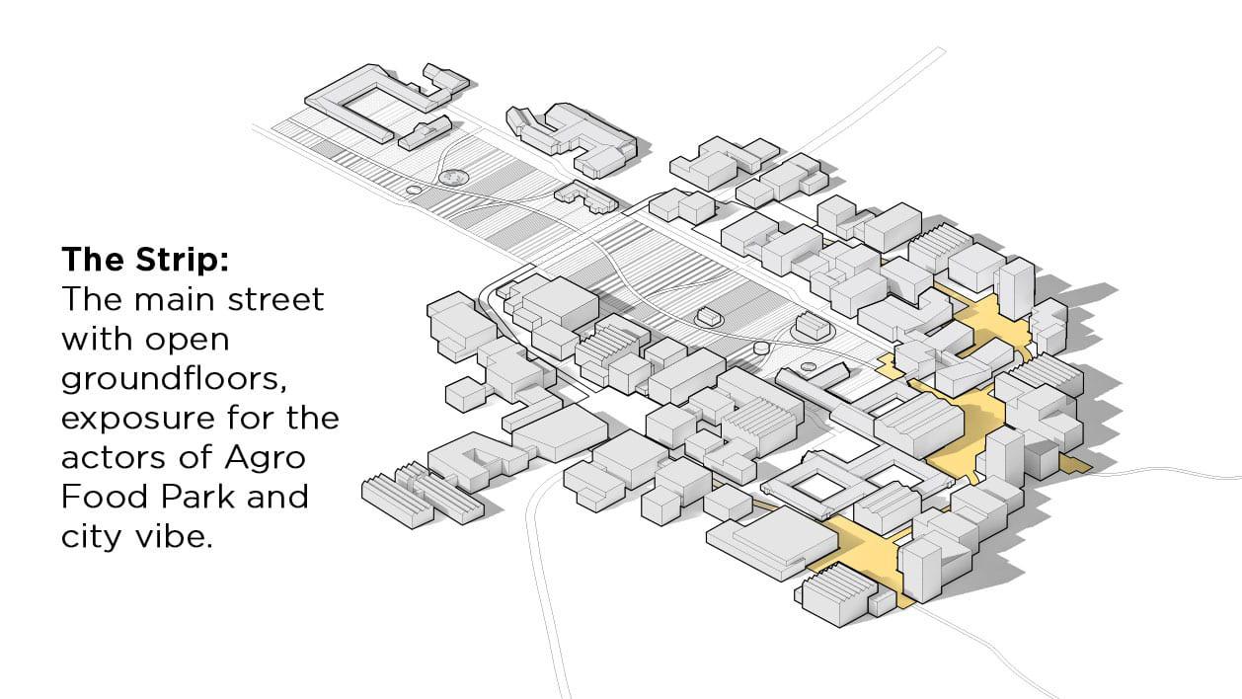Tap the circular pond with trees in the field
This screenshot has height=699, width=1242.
click(x=455, y=178)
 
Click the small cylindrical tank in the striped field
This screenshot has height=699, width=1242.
click(x=760, y=348)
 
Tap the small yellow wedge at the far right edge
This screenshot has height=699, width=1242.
click(x=1075, y=463)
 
